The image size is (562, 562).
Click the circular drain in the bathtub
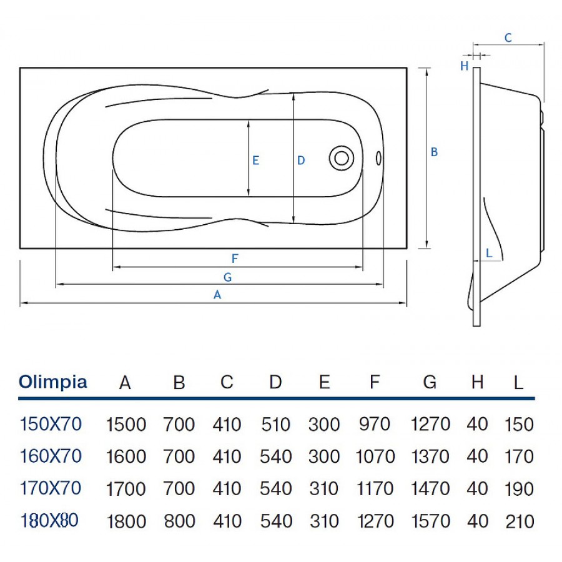[x=341, y=157]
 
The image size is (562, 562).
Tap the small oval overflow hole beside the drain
[x=379, y=158]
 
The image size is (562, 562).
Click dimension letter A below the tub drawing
[x=217, y=295]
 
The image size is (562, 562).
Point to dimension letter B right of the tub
[x=435, y=152]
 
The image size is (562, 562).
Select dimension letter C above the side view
[x=508, y=38]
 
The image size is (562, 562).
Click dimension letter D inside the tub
[x=301, y=160]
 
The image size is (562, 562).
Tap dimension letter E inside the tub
[x=255, y=160]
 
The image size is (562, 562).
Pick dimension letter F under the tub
[x=235, y=258]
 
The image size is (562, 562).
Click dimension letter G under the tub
[x=227, y=276]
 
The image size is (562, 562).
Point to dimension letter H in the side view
[x=464, y=66]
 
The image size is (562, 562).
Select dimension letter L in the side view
[x=489, y=254]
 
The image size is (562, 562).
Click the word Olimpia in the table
[x=53, y=382]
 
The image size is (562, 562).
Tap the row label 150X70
[x=51, y=424]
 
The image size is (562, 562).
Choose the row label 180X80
[x=51, y=520]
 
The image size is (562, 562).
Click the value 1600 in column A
[x=126, y=456]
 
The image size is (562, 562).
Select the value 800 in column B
[x=179, y=521]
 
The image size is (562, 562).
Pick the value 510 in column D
[x=275, y=425]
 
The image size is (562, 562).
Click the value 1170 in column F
[x=375, y=488]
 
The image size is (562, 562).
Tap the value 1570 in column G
[x=430, y=521]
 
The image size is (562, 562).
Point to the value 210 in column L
[x=519, y=521]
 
